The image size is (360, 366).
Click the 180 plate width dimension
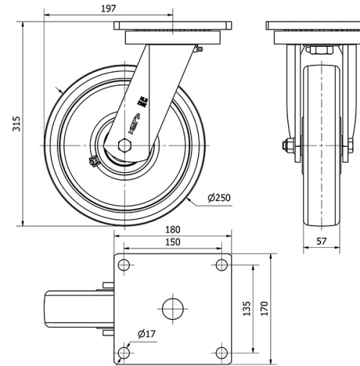(x=172, y=231)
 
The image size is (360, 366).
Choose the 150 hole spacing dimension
(x=172, y=243)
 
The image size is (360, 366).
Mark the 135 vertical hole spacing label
(x=246, y=308)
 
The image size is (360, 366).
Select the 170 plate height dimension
(x=264, y=308)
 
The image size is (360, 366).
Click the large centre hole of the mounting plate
(x=172, y=308)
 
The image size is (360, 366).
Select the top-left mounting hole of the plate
(x=124, y=266)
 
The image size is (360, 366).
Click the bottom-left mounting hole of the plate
(x=124, y=351)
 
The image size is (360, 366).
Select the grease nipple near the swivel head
(x=198, y=49)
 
